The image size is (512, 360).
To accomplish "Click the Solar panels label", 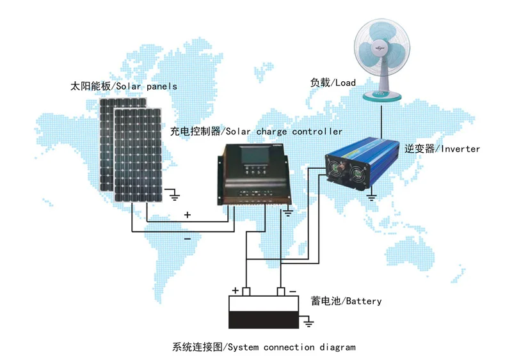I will (x=124, y=86).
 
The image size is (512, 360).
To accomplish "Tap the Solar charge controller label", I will (x=256, y=132).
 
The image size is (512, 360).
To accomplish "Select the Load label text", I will (x=333, y=82).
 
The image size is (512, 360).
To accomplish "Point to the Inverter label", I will (x=442, y=149).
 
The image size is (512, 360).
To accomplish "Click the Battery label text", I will (x=346, y=301).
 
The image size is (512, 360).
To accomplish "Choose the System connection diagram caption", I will (x=263, y=347).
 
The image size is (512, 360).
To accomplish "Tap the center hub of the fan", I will (x=379, y=47).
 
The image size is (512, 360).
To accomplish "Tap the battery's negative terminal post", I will (x=280, y=292).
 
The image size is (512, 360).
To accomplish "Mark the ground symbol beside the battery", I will (x=308, y=325).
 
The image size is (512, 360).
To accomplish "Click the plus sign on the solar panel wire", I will (x=187, y=215).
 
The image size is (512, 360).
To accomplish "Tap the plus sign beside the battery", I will (x=235, y=290).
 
